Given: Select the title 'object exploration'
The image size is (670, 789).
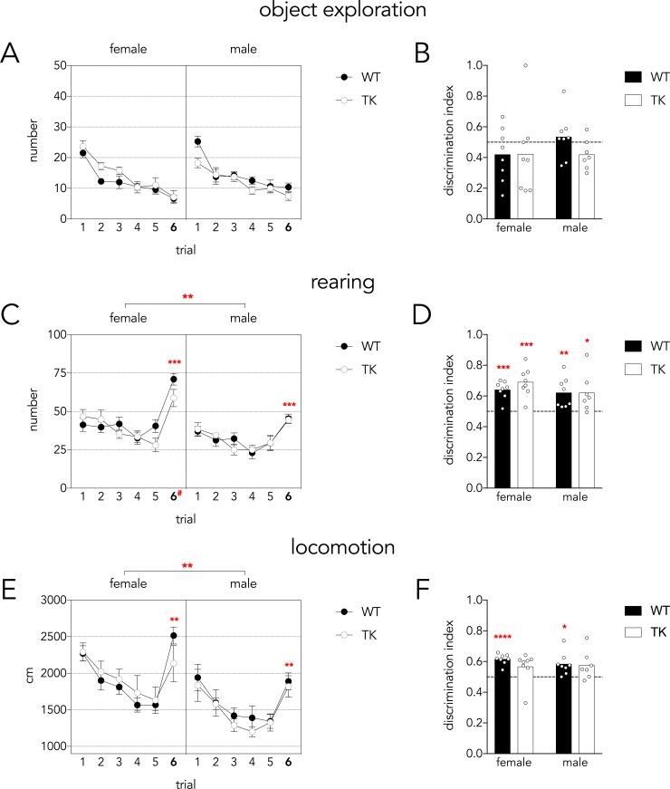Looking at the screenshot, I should click(x=334, y=13).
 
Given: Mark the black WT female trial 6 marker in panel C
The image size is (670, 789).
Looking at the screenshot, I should click(x=173, y=380).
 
